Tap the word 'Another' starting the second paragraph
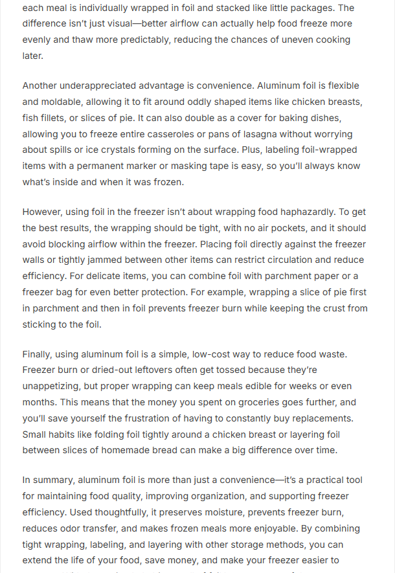click(42, 85)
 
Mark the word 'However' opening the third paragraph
click(44, 212)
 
